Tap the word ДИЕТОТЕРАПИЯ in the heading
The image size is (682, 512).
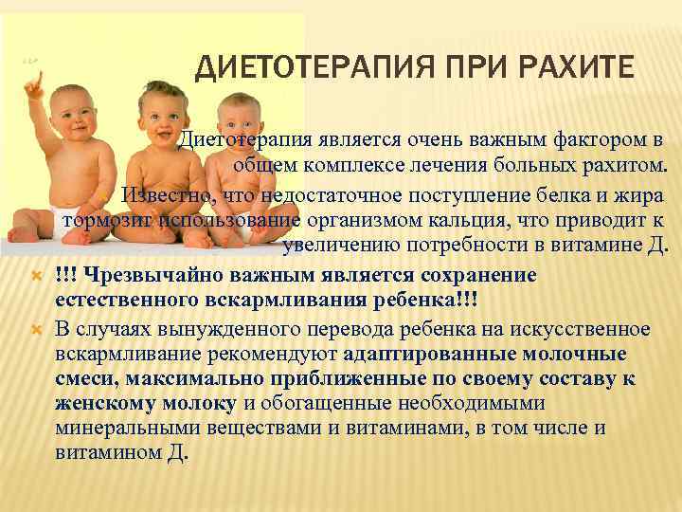click(314, 69)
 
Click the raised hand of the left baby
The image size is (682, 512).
click(34, 85)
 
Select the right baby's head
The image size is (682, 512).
click(239, 116)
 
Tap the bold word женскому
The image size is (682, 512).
click(105, 404)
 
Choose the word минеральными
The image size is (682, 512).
click(128, 429)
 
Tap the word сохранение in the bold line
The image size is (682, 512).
click(477, 277)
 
